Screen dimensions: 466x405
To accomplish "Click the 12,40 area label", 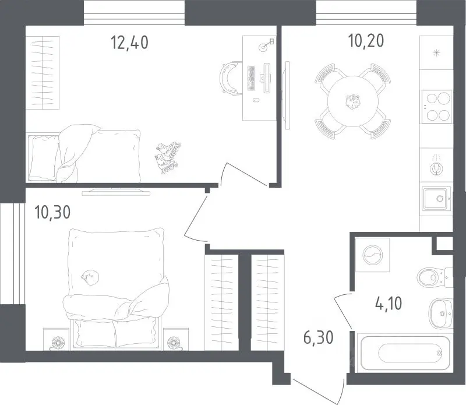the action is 129,42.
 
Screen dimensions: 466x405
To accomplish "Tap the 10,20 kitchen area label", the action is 366,41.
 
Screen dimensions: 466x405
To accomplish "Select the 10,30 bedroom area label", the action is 52,212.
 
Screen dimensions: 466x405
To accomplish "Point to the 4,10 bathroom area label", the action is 389,304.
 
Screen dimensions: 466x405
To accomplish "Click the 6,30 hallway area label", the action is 318,337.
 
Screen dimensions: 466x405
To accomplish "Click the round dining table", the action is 353,101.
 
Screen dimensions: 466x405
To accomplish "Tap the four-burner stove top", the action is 436,107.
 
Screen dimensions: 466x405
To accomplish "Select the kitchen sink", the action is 436,198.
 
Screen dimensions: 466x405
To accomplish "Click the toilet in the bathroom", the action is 435,277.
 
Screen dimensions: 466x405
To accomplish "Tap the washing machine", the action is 372,255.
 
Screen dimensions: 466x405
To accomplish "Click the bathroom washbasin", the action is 441,314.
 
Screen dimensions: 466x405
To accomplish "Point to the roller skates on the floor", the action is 167,157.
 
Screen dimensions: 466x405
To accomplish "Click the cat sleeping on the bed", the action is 90,277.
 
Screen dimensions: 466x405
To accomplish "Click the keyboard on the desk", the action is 251,78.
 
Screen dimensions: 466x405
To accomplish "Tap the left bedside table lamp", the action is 58,343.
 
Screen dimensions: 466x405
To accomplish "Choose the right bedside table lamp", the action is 173,343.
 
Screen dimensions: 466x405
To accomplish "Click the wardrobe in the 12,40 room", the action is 43,73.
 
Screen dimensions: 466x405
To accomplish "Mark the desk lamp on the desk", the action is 266,45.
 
